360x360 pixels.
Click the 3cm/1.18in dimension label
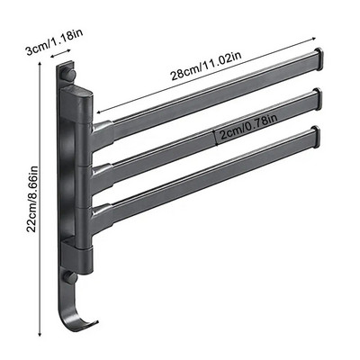coord(54,42)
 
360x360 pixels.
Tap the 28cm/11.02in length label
coord(206,66)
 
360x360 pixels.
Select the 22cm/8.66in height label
coord(32,199)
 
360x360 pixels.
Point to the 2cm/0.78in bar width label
coord(248,128)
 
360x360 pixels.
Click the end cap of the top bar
coord(319,59)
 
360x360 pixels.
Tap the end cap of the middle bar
coord(318,100)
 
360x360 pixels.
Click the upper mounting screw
coord(70,75)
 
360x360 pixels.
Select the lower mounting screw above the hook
coord(71,277)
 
